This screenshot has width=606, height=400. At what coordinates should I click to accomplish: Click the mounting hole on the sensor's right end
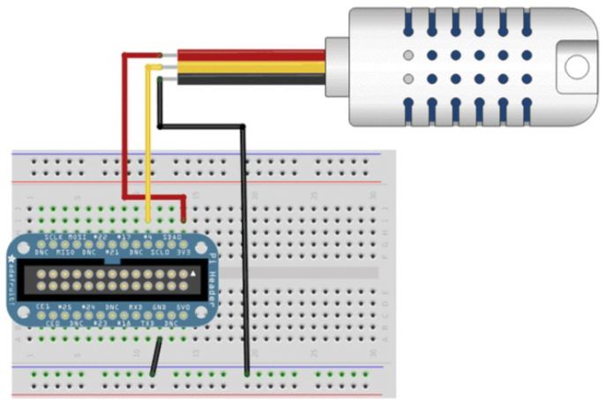point(577,65)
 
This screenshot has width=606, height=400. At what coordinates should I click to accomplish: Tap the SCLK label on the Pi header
point(54,238)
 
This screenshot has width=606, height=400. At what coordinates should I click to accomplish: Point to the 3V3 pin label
point(183,251)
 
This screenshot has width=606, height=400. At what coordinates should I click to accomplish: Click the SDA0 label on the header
point(172,238)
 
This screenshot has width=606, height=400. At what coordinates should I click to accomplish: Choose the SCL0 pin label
point(160,251)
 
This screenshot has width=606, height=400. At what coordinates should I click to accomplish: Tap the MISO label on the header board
point(65,251)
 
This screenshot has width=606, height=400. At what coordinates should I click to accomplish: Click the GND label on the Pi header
point(160,307)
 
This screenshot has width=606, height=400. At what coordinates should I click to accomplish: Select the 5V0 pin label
point(183,307)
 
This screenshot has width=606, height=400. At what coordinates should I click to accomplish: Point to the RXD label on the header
point(136,307)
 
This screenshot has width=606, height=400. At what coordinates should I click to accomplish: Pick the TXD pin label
point(148,322)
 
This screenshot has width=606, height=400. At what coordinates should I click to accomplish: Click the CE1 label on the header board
point(41,307)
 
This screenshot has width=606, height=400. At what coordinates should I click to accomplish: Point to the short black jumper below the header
point(155,357)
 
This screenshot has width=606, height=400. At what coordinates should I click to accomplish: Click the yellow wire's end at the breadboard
point(147,219)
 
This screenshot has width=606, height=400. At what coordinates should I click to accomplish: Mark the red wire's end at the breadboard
point(183,219)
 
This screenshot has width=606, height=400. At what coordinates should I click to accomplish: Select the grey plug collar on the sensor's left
point(338,66)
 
